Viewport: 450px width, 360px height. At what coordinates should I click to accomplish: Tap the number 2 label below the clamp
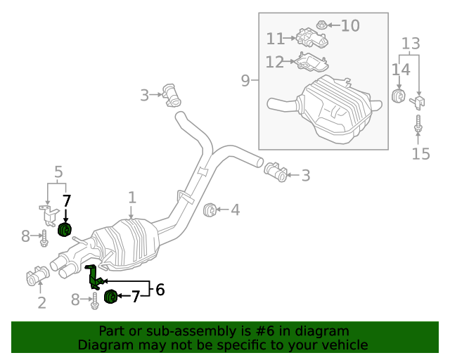click(41, 303)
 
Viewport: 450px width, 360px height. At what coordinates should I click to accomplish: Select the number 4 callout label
click(235, 210)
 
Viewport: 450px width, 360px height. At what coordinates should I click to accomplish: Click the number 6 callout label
click(160, 289)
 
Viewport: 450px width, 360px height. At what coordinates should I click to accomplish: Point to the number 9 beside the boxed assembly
click(245, 81)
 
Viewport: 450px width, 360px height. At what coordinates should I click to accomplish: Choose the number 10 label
click(350, 26)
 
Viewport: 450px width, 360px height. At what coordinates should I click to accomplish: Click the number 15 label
click(420, 153)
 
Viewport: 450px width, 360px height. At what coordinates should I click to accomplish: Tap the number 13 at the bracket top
click(410, 44)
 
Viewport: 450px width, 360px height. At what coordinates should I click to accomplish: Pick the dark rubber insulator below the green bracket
click(110, 297)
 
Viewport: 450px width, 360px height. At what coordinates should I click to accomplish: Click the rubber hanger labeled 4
click(209, 210)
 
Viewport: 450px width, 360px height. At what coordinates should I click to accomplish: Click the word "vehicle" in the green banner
click(343, 345)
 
